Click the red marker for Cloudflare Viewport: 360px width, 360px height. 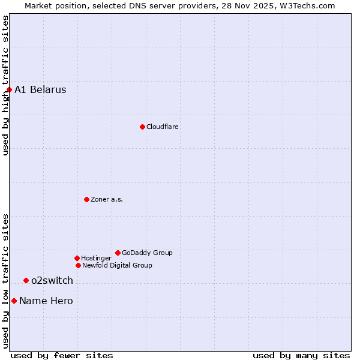[142, 127]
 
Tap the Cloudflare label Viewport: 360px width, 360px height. [162, 127]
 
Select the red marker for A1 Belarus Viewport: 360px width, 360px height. [9, 90]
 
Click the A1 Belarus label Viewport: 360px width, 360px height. [40, 90]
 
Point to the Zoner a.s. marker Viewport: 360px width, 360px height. [86, 199]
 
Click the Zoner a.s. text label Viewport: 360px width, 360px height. [107, 199]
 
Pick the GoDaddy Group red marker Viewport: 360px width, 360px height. [118, 253]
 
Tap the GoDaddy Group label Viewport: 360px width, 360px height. [147, 253]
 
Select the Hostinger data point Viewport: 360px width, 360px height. [77, 258]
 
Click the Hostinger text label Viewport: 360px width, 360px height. [96, 258]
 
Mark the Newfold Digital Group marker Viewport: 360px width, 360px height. [78, 265]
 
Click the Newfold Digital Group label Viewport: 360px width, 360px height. [117, 265]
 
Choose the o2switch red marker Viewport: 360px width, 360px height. [26, 280]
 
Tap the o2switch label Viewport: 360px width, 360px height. [52, 280]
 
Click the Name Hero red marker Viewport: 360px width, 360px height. [14, 301]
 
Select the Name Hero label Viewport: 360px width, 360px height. [46, 301]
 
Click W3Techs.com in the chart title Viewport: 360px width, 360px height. [306, 5]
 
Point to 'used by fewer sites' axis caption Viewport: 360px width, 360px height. [62, 355]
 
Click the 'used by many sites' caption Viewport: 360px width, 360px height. [301, 355]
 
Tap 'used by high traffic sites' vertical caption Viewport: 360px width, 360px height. [5, 85]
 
